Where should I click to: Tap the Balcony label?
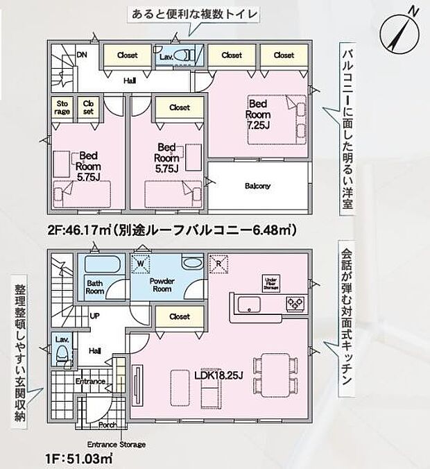(x=257, y=186)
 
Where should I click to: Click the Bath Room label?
(x=96, y=287)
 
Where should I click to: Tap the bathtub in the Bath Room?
(x=101, y=266)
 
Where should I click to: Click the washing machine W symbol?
(x=141, y=263)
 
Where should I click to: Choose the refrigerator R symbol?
(x=219, y=263)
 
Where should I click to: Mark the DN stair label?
(x=81, y=55)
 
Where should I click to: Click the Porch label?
(x=108, y=425)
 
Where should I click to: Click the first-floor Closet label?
(x=179, y=316)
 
